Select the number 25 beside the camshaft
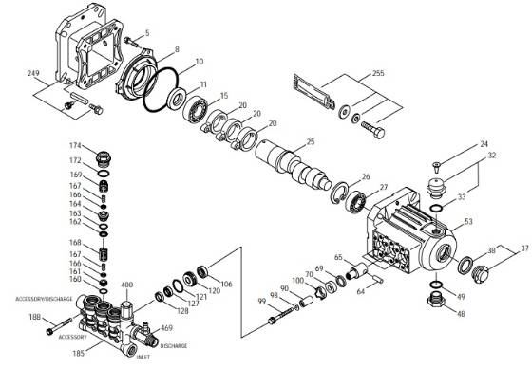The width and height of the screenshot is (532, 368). click(x=310, y=141)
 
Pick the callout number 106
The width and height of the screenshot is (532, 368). click(x=226, y=284)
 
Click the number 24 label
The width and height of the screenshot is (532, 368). click(x=482, y=144)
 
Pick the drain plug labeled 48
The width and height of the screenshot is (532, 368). click(x=434, y=302)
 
